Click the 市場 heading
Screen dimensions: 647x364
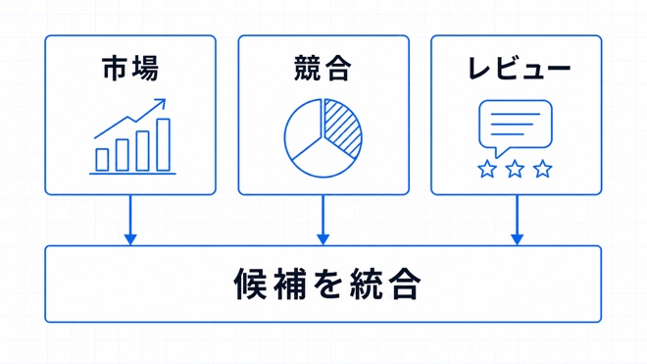(x=130, y=69)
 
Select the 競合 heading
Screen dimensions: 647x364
(x=323, y=69)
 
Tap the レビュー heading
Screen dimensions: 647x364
(x=520, y=69)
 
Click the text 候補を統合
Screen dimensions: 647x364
(x=327, y=285)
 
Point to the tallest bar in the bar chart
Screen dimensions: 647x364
(x=164, y=144)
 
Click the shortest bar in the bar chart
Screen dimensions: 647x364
(x=102, y=160)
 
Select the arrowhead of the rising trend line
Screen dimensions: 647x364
(x=161, y=103)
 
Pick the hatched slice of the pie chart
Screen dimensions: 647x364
(x=343, y=128)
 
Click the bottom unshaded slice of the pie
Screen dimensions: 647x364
(x=323, y=161)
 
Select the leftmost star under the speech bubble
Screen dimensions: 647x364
(x=487, y=169)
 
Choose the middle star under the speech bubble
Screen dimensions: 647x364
(x=515, y=169)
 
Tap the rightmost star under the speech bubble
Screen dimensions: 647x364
(x=543, y=169)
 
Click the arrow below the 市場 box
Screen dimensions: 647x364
(x=130, y=220)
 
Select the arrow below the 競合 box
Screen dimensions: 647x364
(x=323, y=220)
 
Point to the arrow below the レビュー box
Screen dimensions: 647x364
(x=517, y=220)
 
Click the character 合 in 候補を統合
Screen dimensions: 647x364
(x=406, y=285)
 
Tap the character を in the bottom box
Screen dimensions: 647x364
(x=327, y=285)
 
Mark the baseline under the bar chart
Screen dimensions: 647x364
(x=133, y=174)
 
